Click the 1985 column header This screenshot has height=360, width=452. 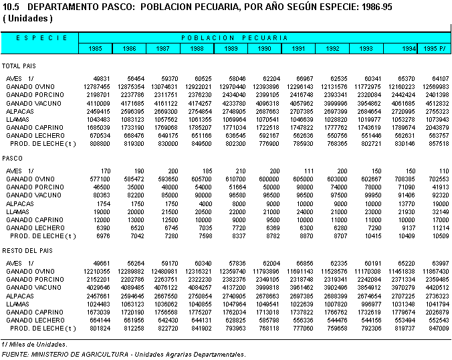(x=95, y=48)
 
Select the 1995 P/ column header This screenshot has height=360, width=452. (x=435, y=48)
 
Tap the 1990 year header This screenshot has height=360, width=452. (x=264, y=48)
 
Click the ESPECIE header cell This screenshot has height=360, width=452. (x=41, y=37)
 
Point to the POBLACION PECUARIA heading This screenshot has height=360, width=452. (x=235, y=37)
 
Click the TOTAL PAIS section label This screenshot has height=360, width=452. (x=19, y=66)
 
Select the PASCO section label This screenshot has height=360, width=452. (x=13, y=159)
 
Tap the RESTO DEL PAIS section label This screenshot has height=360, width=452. (x=27, y=251)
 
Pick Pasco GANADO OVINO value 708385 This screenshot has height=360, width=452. (x=405, y=179)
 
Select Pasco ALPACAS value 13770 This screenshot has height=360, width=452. (x=407, y=203)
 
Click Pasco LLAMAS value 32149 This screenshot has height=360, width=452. (x=441, y=211)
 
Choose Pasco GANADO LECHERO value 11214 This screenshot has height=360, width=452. (x=441, y=228)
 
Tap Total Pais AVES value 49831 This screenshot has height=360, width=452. (x=102, y=79)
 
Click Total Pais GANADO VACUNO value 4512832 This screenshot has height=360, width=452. (x=437, y=103)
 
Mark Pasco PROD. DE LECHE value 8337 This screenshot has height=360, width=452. (x=239, y=236)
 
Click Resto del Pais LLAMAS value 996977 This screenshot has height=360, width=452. (x=371, y=304)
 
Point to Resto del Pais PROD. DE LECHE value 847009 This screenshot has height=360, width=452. (x=439, y=329)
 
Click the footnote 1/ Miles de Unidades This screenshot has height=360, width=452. (x=34, y=345)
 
